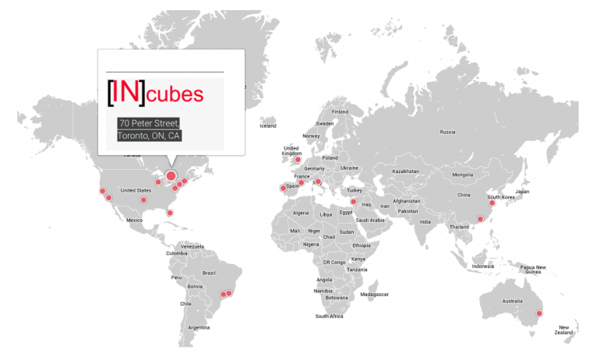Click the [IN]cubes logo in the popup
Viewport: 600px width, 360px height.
click(155, 92)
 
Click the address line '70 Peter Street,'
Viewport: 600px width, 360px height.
click(149, 123)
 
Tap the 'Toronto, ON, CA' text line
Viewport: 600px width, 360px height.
click(148, 136)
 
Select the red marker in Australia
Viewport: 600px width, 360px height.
click(538, 313)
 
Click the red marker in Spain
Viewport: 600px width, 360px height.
click(283, 188)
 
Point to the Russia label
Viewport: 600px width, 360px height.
click(447, 132)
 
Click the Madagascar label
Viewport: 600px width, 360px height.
click(374, 295)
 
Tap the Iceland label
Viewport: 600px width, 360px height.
click(268, 125)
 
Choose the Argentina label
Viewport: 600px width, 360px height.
click(199, 327)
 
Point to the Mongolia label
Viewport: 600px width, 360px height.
click(463, 175)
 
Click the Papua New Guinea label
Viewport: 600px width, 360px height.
click(532, 270)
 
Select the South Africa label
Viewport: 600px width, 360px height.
click(330, 316)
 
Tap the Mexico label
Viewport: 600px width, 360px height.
click(134, 220)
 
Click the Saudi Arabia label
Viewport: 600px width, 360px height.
click(372, 220)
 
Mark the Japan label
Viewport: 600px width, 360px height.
click(522, 191)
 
